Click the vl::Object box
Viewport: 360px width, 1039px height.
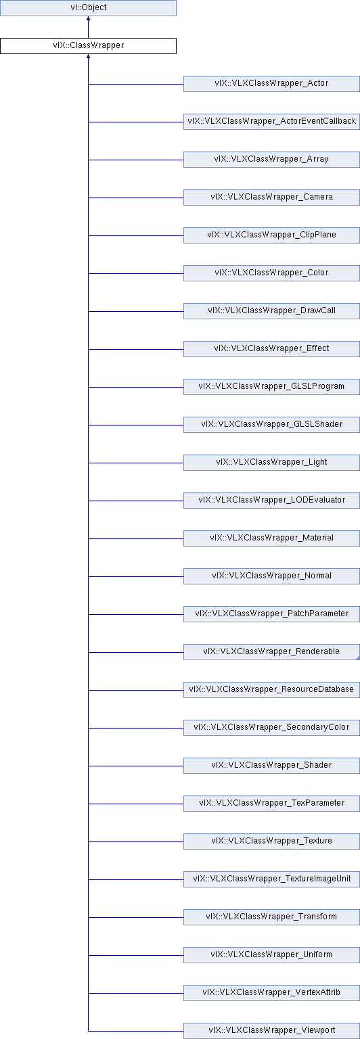(88, 8)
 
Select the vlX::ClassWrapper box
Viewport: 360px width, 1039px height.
(88, 46)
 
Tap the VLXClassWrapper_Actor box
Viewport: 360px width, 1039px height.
(271, 83)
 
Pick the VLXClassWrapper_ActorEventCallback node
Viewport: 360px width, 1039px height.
(271, 122)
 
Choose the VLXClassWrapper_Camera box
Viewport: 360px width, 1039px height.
(271, 197)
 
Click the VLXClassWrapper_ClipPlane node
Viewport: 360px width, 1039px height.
(271, 235)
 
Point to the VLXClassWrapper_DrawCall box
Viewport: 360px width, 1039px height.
(271, 310)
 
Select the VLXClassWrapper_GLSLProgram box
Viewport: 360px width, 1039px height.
(271, 386)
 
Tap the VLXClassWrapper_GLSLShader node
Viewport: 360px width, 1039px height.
(271, 424)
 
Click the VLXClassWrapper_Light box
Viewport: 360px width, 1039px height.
(271, 463)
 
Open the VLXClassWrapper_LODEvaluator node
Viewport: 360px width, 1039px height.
(271, 500)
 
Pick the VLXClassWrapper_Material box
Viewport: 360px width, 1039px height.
(271, 538)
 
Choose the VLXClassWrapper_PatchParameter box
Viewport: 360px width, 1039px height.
(271, 614)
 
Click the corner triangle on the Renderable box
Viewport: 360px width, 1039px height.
(358, 657)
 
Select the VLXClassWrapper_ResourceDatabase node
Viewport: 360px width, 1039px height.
(271, 690)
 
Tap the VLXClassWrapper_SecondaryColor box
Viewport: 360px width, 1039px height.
(271, 727)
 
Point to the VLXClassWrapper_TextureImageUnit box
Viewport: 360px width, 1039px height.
(271, 879)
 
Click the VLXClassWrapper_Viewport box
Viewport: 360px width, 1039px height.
(271, 1031)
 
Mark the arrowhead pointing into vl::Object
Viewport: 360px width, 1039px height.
(88, 19)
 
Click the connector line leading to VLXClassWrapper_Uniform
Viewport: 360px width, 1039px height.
(136, 955)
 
